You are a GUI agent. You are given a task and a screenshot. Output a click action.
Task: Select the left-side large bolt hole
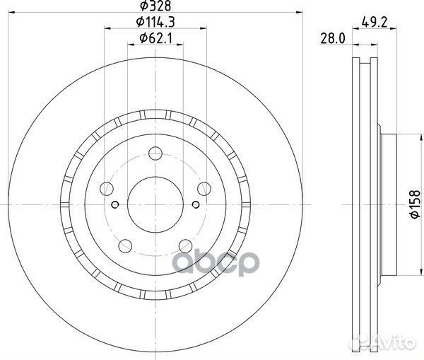[x=107, y=188]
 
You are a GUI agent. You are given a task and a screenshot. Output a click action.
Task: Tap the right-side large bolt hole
[x=204, y=188]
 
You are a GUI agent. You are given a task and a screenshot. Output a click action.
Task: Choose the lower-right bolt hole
[x=185, y=245]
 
